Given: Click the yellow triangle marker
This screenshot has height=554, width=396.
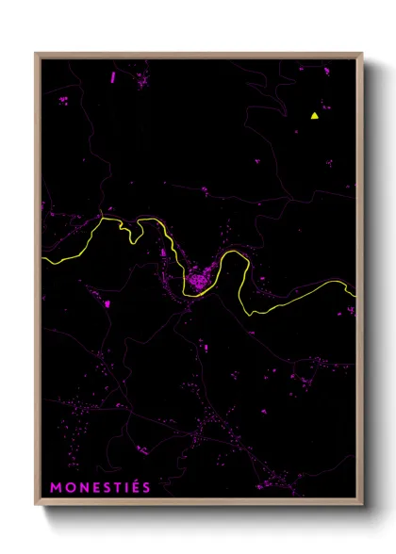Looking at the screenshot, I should (314, 116).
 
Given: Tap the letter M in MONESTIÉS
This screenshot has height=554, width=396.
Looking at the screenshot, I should (56, 487).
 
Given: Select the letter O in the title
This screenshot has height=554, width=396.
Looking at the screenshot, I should (69, 487).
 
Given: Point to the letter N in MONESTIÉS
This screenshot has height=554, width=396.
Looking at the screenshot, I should (82, 487).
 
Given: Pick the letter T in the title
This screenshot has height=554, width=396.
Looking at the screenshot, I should (116, 487).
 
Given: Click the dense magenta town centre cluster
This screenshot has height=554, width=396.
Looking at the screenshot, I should (198, 280).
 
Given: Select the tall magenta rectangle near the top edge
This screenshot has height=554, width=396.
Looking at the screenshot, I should (112, 76).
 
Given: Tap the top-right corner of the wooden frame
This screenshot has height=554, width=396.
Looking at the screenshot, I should (361, 54).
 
